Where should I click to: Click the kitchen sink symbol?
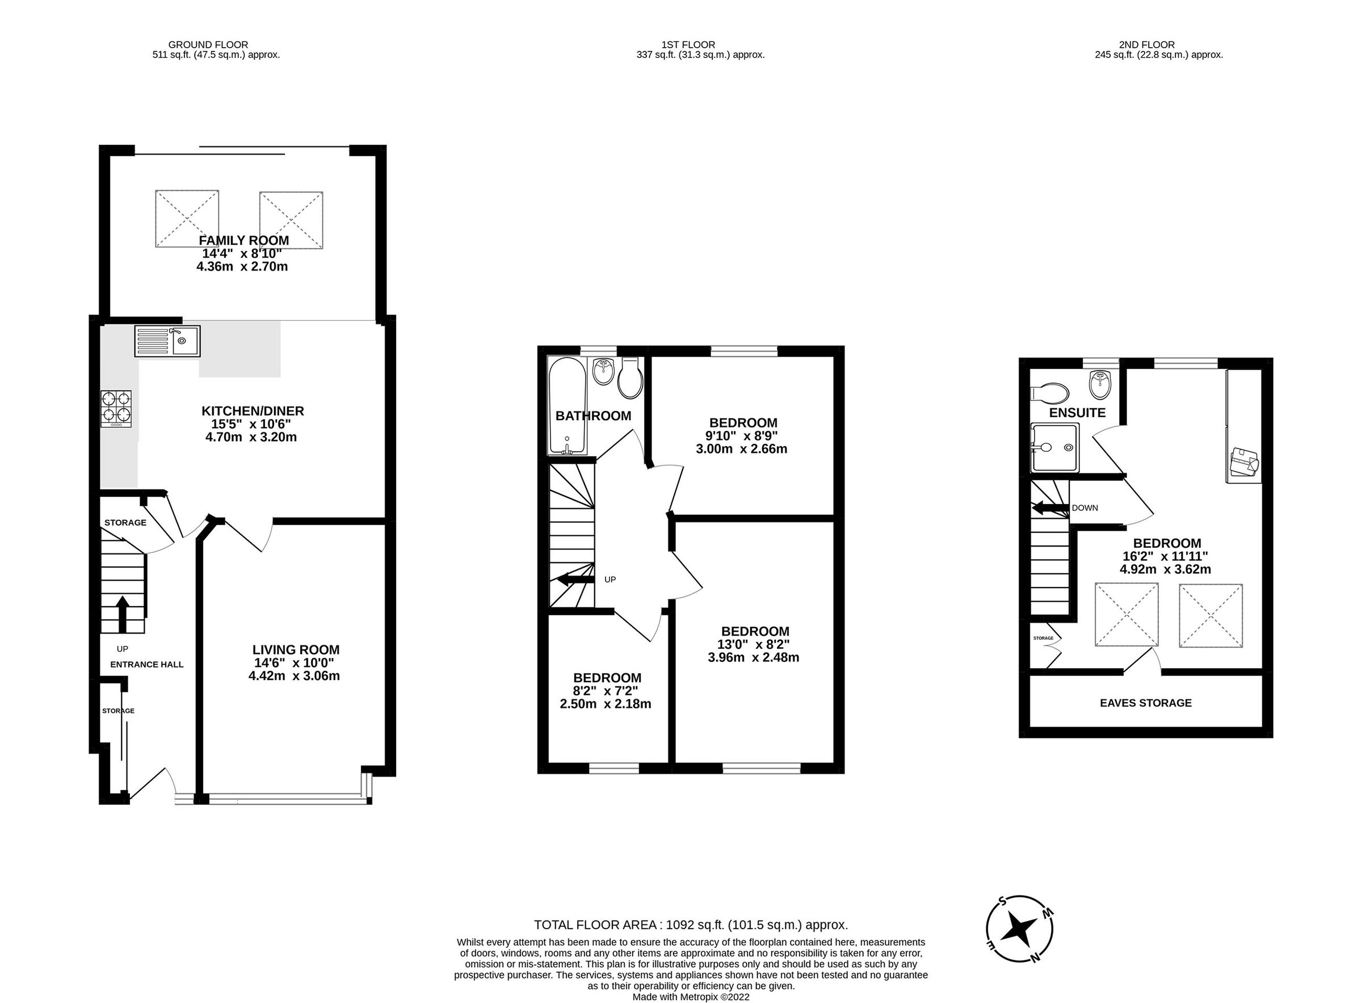[167, 341]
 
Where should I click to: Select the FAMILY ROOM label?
[243, 241]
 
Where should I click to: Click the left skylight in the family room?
[187, 219]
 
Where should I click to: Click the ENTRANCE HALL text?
[146, 664]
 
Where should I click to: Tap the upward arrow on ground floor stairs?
[122, 613]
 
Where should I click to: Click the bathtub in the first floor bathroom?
[566, 406]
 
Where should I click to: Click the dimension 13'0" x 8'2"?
[753, 644]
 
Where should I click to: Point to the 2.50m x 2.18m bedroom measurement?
[604, 704]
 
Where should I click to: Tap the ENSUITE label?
[1077, 413]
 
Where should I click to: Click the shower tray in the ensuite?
[1056, 448]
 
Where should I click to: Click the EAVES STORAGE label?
[1145, 703]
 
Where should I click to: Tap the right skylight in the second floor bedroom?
[1210, 616]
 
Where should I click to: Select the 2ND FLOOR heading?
[1146, 44]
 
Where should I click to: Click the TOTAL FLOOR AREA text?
[690, 925]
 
